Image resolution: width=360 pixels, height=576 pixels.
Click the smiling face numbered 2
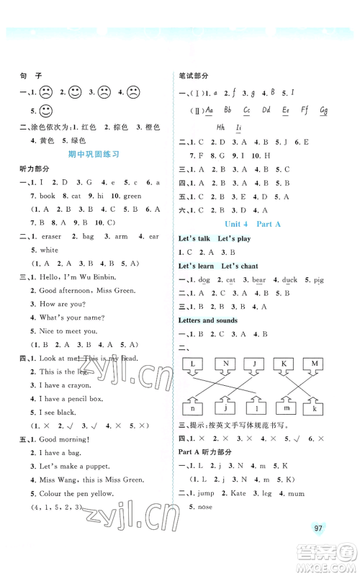tap(76, 92)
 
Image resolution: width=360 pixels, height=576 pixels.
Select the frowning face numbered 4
tap(134, 92)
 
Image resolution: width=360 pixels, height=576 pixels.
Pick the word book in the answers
tap(48, 195)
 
